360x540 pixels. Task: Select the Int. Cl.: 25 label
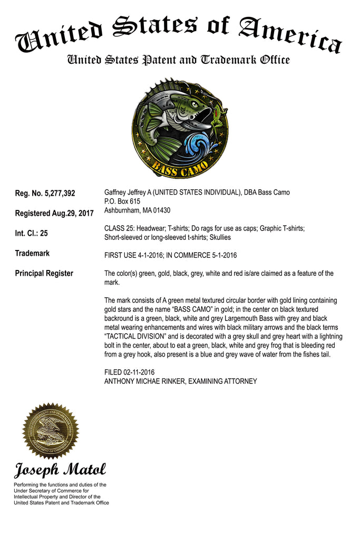pos(31,233)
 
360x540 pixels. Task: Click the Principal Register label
pos(44,273)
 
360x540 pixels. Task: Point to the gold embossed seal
pos(51,431)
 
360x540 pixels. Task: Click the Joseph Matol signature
pos(60,469)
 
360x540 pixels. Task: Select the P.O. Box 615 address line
pos(122,201)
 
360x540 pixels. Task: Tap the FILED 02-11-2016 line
pos(130,372)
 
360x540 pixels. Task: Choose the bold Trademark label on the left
pos(32,253)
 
